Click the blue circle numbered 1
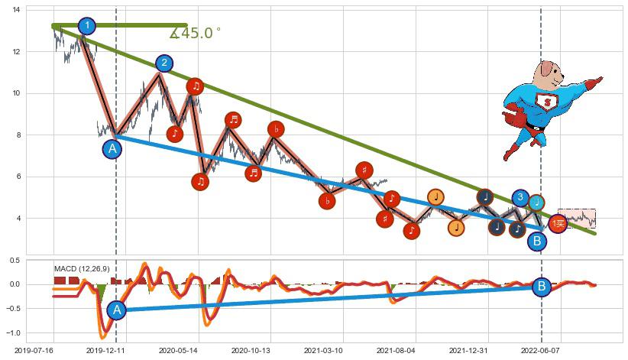(87, 26)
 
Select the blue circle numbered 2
(164, 63)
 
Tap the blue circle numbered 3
(520, 198)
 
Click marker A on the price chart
(112, 149)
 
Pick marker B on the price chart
(537, 242)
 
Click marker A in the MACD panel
(116, 310)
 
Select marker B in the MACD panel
(542, 287)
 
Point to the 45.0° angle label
(196, 34)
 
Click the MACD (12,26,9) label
(82, 269)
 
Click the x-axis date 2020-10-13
(251, 350)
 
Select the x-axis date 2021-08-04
(396, 350)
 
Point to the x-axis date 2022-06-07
(540, 350)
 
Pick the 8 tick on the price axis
(18, 135)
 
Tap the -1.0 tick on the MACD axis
(13, 333)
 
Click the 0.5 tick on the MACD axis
(15, 261)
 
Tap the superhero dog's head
(548, 75)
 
